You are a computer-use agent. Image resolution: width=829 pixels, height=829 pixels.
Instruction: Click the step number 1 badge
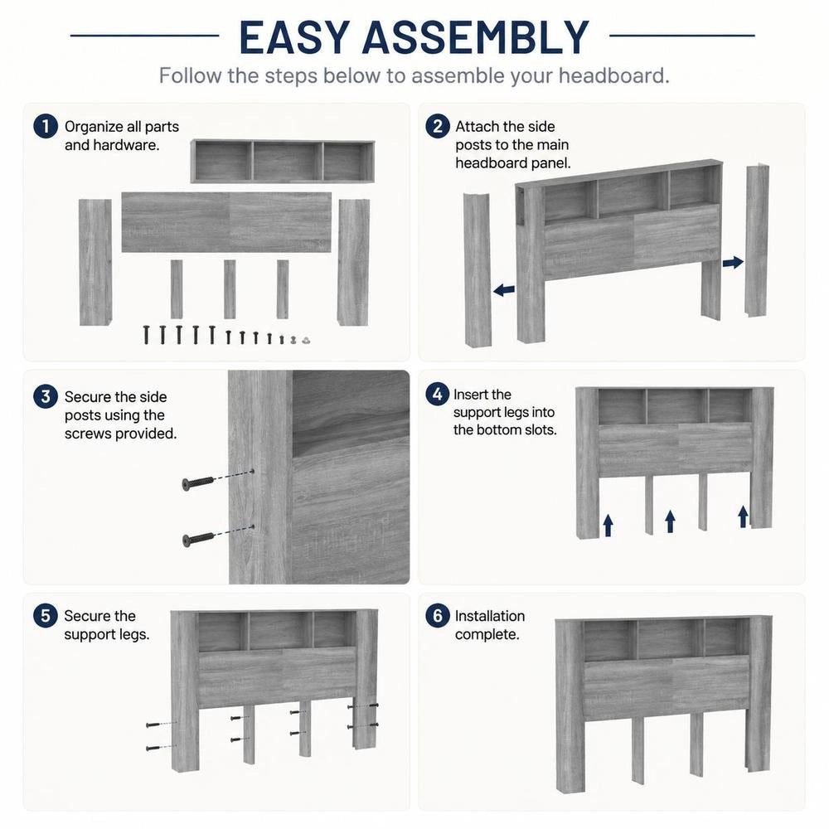pos(46,127)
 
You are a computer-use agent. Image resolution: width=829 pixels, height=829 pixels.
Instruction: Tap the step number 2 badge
pos(437,127)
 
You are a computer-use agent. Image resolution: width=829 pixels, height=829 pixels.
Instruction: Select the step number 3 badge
pos(46,396)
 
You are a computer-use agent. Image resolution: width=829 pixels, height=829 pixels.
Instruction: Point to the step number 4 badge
pos(437,395)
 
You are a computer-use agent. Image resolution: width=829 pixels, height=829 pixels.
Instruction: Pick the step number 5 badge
pos(46,616)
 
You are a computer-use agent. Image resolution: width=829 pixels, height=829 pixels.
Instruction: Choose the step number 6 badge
pos(437,616)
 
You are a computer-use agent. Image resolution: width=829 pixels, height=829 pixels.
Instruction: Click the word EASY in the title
pos(294,37)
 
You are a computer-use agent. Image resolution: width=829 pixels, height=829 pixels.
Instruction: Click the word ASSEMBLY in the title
pos(475,37)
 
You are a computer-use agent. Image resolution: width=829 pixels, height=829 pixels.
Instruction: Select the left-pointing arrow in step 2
pos(504,289)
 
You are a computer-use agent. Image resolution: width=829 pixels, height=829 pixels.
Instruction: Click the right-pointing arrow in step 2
pos(733,262)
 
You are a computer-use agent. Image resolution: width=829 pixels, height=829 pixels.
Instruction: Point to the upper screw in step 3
pos(198,482)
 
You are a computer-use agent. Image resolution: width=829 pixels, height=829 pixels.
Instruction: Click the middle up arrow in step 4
pos(670,521)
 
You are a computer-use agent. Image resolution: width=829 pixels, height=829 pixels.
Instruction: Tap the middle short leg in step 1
pos(230,289)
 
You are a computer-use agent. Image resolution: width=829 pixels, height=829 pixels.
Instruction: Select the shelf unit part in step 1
pos(283,162)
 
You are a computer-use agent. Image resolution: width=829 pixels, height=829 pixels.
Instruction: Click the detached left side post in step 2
pos(478,269)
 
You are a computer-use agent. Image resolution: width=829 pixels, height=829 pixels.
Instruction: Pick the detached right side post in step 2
pos(757,240)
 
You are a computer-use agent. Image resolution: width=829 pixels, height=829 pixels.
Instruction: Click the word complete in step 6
pos(487,634)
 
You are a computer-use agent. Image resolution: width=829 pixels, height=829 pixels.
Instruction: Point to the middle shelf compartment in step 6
pos(671,638)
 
